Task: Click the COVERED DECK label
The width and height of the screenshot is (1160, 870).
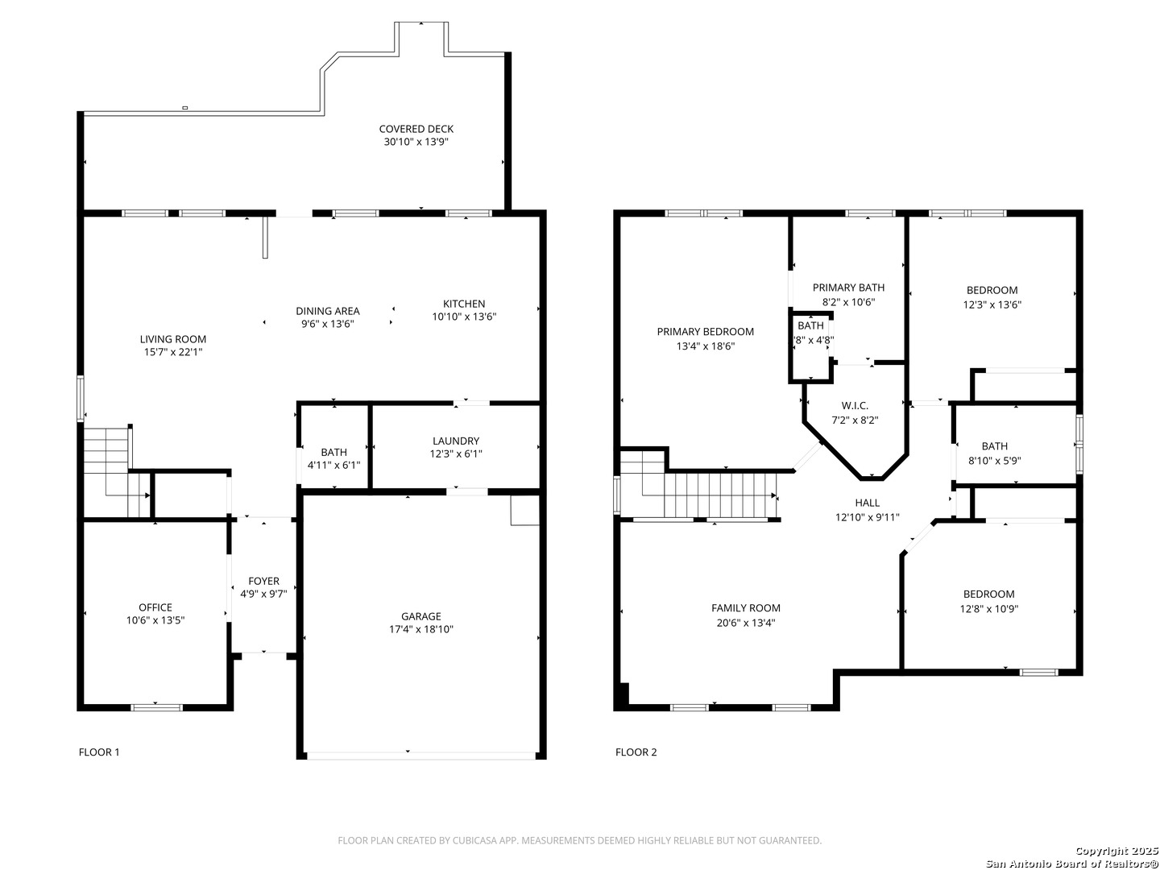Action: click(416, 129)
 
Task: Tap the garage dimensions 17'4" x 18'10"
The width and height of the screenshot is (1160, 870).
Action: click(420, 629)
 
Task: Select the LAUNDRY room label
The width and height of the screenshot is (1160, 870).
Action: click(456, 441)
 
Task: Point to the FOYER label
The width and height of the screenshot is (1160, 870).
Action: click(263, 581)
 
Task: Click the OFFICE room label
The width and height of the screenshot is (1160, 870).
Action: click(155, 607)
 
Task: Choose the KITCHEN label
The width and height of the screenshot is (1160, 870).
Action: click(464, 304)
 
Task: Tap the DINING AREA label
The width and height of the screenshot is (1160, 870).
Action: click(328, 311)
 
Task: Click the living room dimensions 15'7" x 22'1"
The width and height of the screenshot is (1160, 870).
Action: click(173, 352)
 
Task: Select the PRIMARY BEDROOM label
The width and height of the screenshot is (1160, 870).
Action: click(706, 332)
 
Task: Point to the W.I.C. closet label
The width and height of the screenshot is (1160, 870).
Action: click(855, 406)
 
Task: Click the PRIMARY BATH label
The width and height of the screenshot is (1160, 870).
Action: click(848, 288)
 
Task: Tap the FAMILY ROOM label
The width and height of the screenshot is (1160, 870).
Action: click(746, 608)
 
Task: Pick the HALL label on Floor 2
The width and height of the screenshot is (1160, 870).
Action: click(868, 503)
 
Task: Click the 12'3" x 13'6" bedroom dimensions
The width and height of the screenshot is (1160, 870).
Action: click(992, 304)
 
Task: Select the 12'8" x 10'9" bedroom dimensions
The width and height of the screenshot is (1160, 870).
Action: click(988, 608)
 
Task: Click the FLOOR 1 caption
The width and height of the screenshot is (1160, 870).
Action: click(99, 752)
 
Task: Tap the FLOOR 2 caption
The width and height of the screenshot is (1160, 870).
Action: click(636, 752)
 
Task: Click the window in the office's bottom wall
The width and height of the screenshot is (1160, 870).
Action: click(156, 707)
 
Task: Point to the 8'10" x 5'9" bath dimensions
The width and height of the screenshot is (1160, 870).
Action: click(995, 461)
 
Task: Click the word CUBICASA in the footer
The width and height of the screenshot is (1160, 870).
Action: click(472, 840)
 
